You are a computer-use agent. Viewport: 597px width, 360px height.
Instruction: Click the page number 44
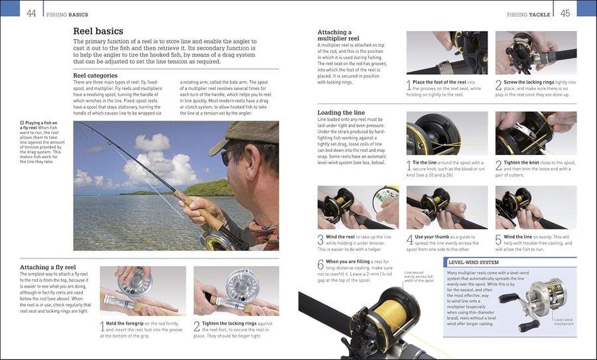pyautogui.click(x=31, y=13)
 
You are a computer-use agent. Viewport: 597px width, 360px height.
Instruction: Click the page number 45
pyautogui.click(x=565, y=13)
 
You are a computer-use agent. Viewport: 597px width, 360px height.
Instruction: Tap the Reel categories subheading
pyautogui.click(x=95, y=75)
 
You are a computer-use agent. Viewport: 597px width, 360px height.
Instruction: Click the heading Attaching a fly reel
pyautogui.click(x=48, y=267)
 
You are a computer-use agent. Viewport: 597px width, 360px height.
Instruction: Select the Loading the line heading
pyautogui.click(x=341, y=113)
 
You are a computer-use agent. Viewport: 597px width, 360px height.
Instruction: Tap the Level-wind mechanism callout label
pyautogui.click(x=564, y=322)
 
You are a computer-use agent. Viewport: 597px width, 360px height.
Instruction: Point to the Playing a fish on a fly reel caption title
pyautogui.click(x=41, y=125)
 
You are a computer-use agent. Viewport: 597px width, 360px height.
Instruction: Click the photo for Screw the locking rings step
pyautogui.click(x=535, y=52)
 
